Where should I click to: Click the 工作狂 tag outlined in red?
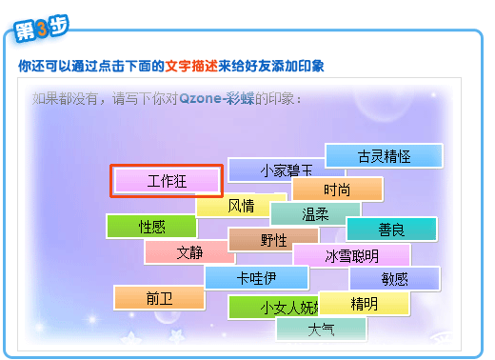[168, 181]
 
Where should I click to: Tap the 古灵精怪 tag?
[384, 156]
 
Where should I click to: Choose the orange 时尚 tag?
[337, 189]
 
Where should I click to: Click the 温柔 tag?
[315, 214]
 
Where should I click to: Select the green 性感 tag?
[151, 227]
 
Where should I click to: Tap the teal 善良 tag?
[391, 229]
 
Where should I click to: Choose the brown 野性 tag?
[273, 240]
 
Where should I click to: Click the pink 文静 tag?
[189, 252]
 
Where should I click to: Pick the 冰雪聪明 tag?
[351, 255]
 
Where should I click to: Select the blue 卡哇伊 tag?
[256, 278]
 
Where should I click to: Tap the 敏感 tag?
[394, 278]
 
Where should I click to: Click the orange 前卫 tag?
[159, 298]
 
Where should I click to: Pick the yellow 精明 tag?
[365, 304]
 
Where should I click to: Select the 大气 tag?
[321, 330]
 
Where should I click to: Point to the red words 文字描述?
[191, 67]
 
